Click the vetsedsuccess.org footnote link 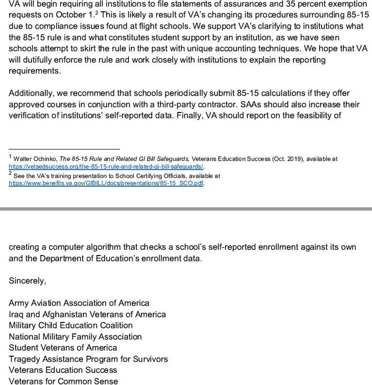106,166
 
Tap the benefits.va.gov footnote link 106,184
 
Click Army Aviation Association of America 79,303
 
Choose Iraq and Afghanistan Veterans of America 87,314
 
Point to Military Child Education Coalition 70,325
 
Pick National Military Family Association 75,337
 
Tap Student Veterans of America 63,348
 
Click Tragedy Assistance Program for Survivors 88,359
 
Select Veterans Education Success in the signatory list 63,370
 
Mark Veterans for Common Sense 63,381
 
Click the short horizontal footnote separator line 64,149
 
